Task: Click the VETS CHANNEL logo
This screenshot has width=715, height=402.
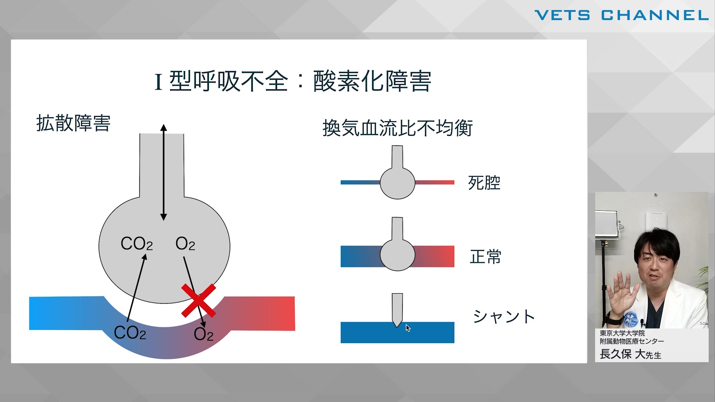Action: pyautogui.click(x=622, y=15)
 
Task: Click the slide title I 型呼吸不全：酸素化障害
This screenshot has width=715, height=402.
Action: pyautogui.click(x=293, y=81)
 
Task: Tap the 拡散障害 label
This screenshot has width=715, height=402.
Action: pyautogui.click(x=73, y=123)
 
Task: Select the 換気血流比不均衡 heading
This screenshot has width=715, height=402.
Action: pyautogui.click(x=397, y=128)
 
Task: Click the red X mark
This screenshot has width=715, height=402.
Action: pyautogui.click(x=198, y=300)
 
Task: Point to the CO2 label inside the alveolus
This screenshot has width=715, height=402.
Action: pyautogui.click(x=137, y=244)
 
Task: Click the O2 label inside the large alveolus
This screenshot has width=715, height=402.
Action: pyautogui.click(x=185, y=244)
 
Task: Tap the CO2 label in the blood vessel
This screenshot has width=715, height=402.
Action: pyautogui.click(x=130, y=333)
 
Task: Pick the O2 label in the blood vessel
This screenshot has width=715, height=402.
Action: pyautogui.click(x=203, y=334)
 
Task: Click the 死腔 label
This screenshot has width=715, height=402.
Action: pyautogui.click(x=484, y=183)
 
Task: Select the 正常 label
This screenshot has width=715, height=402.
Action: pyautogui.click(x=486, y=257)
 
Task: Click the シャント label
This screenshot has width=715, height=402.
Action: pyautogui.click(x=504, y=316)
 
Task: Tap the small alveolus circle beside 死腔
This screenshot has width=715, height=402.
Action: pyautogui.click(x=397, y=183)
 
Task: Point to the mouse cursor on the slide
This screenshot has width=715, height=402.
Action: pyautogui.click(x=408, y=328)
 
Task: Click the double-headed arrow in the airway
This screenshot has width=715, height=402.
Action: pyautogui.click(x=163, y=172)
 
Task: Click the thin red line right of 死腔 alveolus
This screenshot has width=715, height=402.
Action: pyautogui.click(x=435, y=182)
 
